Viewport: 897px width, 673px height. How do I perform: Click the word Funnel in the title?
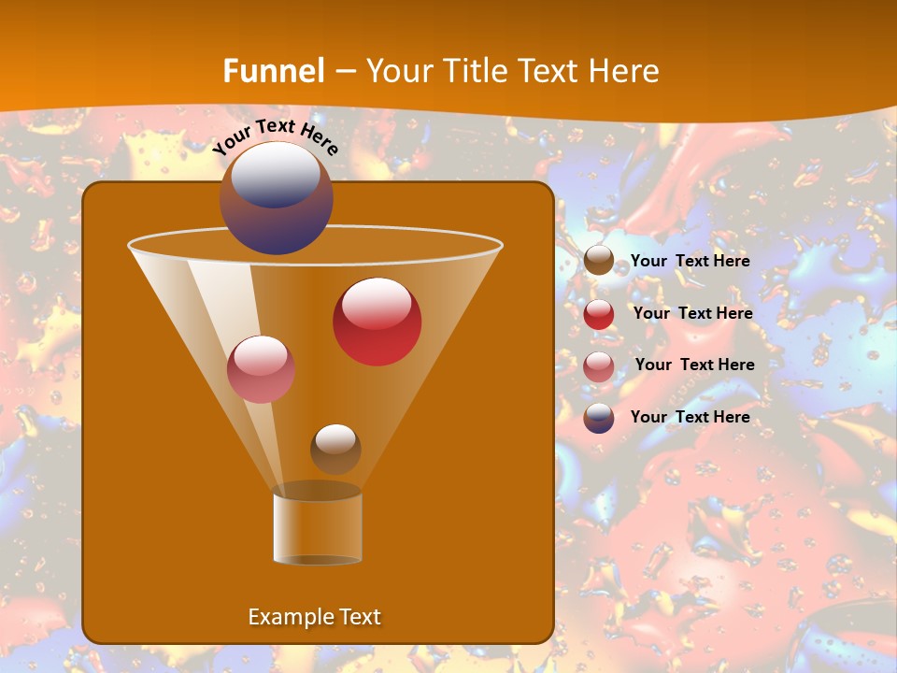(274, 71)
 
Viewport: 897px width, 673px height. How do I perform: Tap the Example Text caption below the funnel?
(314, 617)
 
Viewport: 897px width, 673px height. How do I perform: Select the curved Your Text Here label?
(276, 135)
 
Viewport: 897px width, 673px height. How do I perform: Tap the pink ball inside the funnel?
(261, 370)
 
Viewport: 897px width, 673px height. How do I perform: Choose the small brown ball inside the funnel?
(335, 450)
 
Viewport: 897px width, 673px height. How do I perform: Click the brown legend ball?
(599, 261)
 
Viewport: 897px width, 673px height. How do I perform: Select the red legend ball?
(599, 314)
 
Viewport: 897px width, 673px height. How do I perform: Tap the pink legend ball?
(599, 366)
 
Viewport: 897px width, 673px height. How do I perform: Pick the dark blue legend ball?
(599, 418)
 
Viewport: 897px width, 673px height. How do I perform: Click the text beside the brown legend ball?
(690, 261)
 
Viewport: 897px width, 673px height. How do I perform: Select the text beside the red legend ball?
(692, 313)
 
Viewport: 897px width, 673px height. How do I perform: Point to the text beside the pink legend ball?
(694, 365)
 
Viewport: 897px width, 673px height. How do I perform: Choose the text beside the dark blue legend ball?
(690, 417)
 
